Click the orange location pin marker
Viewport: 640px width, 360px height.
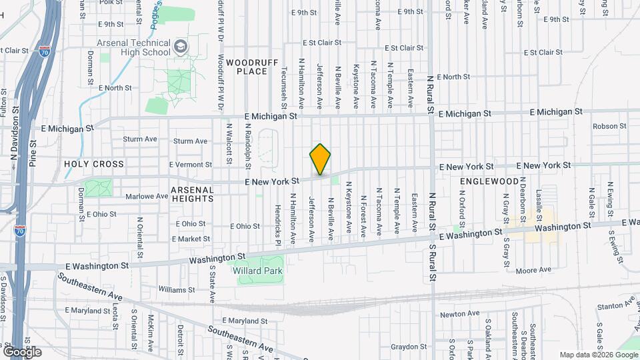pos(320,159)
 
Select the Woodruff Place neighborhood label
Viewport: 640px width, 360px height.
pos(247,66)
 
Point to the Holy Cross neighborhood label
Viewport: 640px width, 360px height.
pos(94,163)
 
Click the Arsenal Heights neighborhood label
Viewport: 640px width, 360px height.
pos(193,194)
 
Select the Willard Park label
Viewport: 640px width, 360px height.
pos(258,271)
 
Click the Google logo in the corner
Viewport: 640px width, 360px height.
pos(22,351)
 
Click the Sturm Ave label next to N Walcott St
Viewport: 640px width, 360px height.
pos(190,141)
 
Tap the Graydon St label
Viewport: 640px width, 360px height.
pos(408,347)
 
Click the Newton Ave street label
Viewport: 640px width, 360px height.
pos(459,313)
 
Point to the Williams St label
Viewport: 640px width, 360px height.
pos(176,289)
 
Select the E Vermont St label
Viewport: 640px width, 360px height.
pos(190,164)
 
